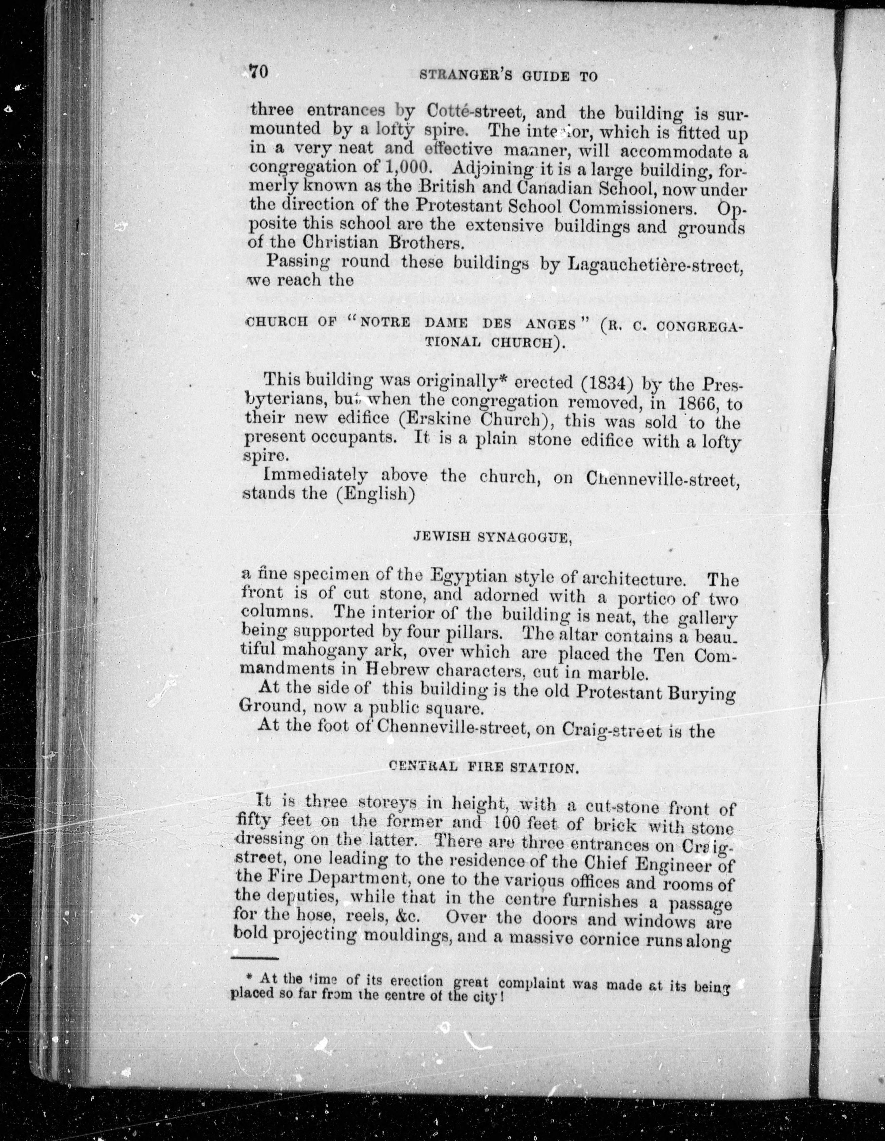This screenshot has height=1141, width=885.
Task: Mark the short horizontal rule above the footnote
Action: (254, 958)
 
